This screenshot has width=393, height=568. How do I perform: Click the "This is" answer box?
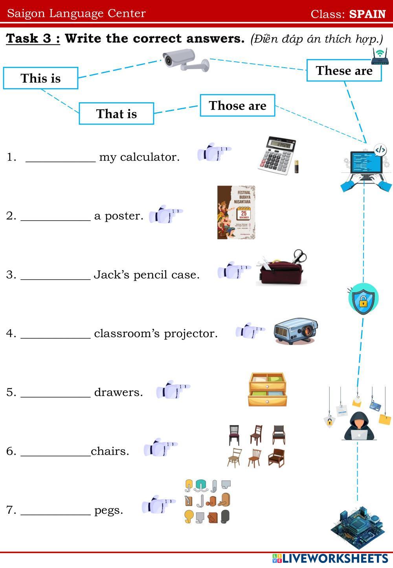[x=40, y=78]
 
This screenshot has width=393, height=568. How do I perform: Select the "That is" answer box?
[x=116, y=114]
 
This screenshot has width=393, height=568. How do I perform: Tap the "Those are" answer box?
[x=237, y=105]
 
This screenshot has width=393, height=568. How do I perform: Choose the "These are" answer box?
[x=344, y=70]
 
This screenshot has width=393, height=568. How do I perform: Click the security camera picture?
[x=185, y=60]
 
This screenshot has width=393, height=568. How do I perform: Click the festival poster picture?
[x=236, y=212]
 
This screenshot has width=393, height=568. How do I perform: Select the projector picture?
[x=296, y=332]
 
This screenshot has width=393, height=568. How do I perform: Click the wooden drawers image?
[x=267, y=389]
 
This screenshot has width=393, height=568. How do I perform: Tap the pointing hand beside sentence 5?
[x=173, y=389]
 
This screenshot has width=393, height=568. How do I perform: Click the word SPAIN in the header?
[x=367, y=14]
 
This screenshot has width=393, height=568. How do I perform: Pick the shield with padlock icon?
[x=363, y=299]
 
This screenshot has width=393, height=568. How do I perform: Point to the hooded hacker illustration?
[x=358, y=426]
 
